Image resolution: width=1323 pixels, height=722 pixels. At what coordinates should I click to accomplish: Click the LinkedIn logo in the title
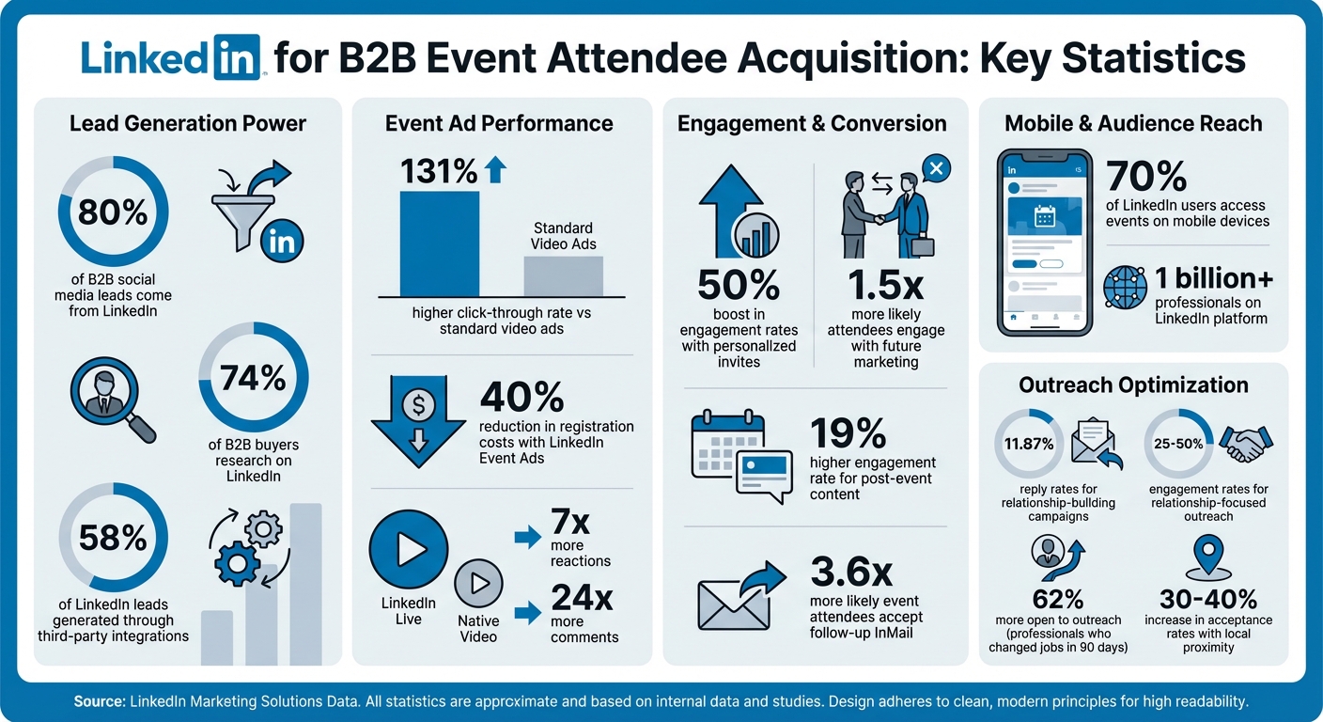pos(169,58)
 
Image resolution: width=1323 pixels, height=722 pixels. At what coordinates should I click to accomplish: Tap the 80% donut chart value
pos(113,213)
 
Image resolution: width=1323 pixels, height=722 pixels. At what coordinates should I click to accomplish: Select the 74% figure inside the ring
pos(253,378)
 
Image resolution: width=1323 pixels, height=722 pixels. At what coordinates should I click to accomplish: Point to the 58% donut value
pos(113,538)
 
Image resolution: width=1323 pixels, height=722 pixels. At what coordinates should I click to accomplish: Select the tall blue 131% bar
pos(439,243)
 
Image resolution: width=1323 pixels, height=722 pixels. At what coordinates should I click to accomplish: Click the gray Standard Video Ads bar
pos(563,275)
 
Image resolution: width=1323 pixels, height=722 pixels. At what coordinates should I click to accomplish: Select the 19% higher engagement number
pos(848,434)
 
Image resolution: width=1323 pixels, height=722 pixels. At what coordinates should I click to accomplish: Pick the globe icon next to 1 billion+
pos(1125,288)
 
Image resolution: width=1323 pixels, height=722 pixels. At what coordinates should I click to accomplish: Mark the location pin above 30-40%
pos(1206,557)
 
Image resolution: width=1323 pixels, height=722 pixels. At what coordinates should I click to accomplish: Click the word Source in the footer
pos(100,702)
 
